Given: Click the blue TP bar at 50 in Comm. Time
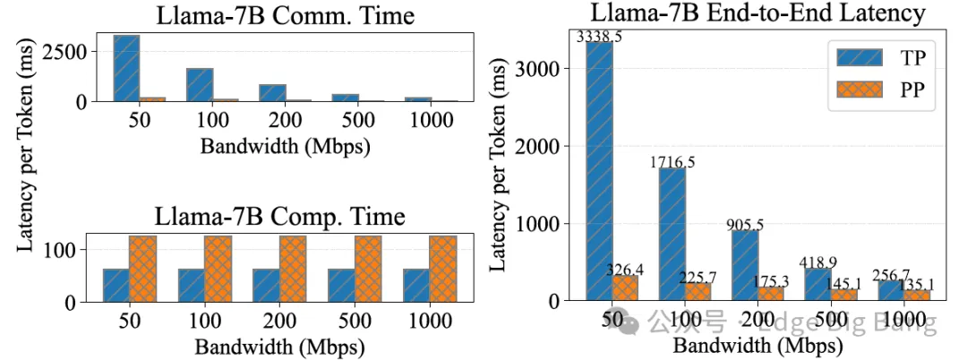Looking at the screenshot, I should [126, 68].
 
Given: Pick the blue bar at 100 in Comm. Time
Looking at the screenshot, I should [200, 85].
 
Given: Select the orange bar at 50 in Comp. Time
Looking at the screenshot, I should [142, 269].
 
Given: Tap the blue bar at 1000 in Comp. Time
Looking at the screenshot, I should [416, 285].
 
